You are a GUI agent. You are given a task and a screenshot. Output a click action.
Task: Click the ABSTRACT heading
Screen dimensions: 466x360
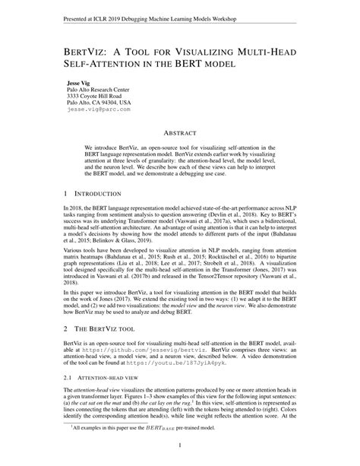pyautogui.click(x=180, y=132)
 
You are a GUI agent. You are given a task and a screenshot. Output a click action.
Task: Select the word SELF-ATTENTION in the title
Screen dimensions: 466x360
pyautogui.click(x=96, y=63)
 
